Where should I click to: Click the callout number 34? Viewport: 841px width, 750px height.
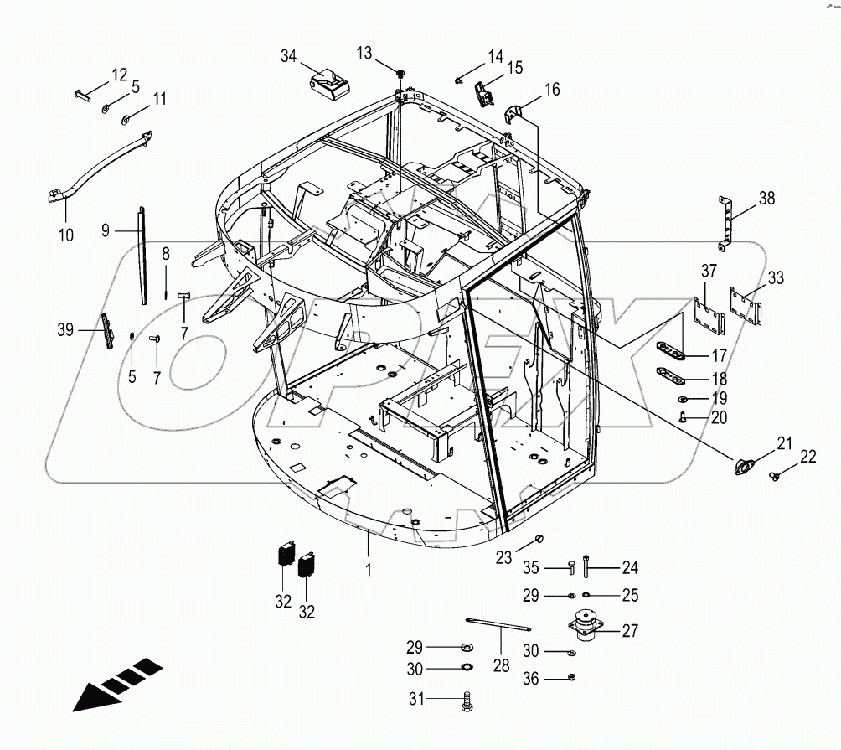288,56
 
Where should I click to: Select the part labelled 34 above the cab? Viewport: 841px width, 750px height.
331,85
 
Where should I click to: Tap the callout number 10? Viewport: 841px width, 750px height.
66,235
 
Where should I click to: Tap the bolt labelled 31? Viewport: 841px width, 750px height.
466,702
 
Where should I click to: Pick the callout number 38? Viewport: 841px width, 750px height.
766,199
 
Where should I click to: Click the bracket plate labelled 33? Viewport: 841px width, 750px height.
746,308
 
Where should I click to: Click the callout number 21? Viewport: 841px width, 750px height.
783,443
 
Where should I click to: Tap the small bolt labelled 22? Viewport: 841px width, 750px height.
776,477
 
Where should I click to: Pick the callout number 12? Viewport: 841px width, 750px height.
120,73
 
